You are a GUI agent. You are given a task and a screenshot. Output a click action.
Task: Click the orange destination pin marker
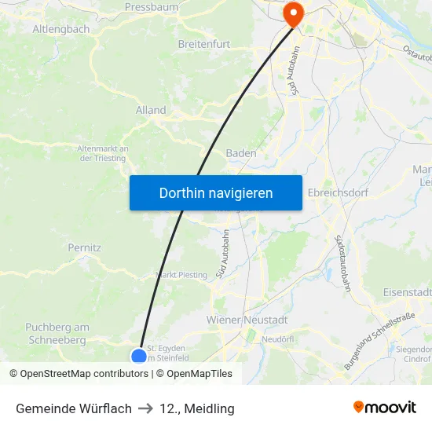pos(294,11)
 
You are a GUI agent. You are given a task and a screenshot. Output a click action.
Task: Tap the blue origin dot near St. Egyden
pos(139,356)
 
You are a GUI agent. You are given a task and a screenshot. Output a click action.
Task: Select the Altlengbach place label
pos(60,29)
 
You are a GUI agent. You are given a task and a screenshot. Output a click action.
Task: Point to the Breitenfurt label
pos(204,44)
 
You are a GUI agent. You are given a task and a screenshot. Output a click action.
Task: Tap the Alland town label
pos(151,110)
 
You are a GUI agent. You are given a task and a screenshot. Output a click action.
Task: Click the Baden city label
pos(241,153)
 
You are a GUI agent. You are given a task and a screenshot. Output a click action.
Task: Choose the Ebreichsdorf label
pos(338,192)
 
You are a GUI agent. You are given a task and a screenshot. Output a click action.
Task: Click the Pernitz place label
pos(84,247)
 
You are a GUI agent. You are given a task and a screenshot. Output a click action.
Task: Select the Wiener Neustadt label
pos(247,320)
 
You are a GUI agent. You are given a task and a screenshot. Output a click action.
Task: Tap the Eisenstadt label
pos(408,292)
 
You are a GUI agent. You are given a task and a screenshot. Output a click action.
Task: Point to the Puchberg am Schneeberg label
pos(57,334)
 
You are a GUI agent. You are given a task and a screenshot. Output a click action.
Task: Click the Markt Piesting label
pos(182,275)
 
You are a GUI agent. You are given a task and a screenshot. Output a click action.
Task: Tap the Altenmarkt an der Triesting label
pos(103,153)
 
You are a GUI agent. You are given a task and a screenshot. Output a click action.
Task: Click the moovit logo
pos(384,407)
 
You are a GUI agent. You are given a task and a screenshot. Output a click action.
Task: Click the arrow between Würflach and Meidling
pos(145,408)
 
